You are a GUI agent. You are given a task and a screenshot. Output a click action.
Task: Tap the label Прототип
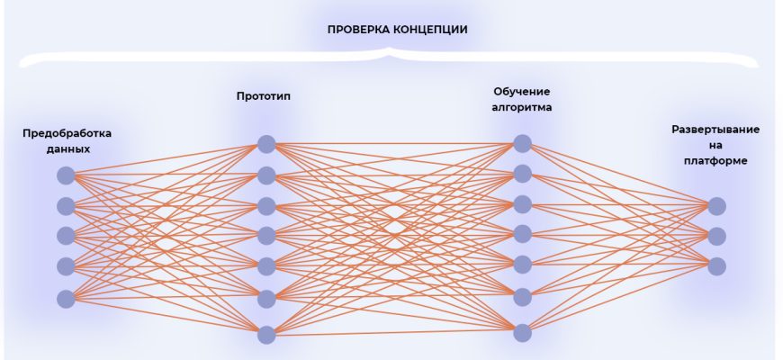pyautogui.click(x=263, y=95)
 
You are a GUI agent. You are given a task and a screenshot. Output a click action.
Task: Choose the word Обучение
pyautogui.click(x=521, y=92)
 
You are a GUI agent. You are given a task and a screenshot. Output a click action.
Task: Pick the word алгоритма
pyautogui.click(x=521, y=108)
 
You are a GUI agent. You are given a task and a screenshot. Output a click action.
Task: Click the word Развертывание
pyautogui.click(x=715, y=129)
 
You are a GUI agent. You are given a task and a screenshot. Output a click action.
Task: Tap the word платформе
pyautogui.click(x=715, y=161)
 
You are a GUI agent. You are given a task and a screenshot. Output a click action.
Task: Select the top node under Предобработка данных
pyautogui.click(x=66, y=175)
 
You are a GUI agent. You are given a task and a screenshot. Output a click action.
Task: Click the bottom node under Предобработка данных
pyautogui.click(x=66, y=297)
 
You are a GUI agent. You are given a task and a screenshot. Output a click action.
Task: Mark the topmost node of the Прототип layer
pyautogui.click(x=265, y=144)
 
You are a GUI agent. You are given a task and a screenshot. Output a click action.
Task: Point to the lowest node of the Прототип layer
pyautogui.click(x=265, y=335)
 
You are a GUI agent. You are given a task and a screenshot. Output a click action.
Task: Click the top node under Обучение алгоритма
pyautogui.click(x=522, y=143)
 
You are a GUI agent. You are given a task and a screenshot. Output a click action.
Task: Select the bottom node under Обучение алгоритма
pyautogui.click(x=522, y=332)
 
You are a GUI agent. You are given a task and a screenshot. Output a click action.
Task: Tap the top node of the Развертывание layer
pyautogui.click(x=716, y=206)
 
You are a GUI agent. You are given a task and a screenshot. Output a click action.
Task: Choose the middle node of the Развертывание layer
pyautogui.click(x=716, y=236)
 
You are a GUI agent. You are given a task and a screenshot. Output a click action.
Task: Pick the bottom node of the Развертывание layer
pyautogui.click(x=716, y=265)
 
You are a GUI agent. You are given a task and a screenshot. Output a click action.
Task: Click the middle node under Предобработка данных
pyautogui.click(x=66, y=236)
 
